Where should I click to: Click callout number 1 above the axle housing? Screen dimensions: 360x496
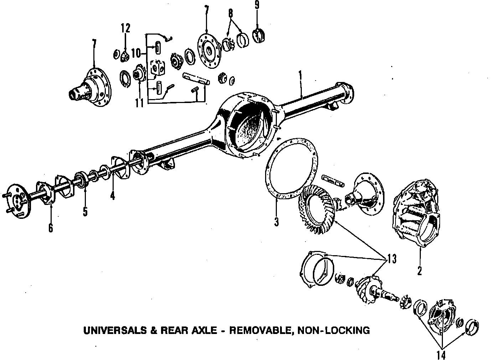(x=300, y=75)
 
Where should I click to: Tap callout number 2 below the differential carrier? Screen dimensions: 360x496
(x=420, y=271)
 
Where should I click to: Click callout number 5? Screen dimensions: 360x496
(x=85, y=211)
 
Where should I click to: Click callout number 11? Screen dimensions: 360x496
(x=139, y=103)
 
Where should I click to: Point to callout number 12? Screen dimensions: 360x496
(x=125, y=28)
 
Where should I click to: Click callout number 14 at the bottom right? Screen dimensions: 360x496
(x=441, y=355)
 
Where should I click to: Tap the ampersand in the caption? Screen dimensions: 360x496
(x=154, y=330)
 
